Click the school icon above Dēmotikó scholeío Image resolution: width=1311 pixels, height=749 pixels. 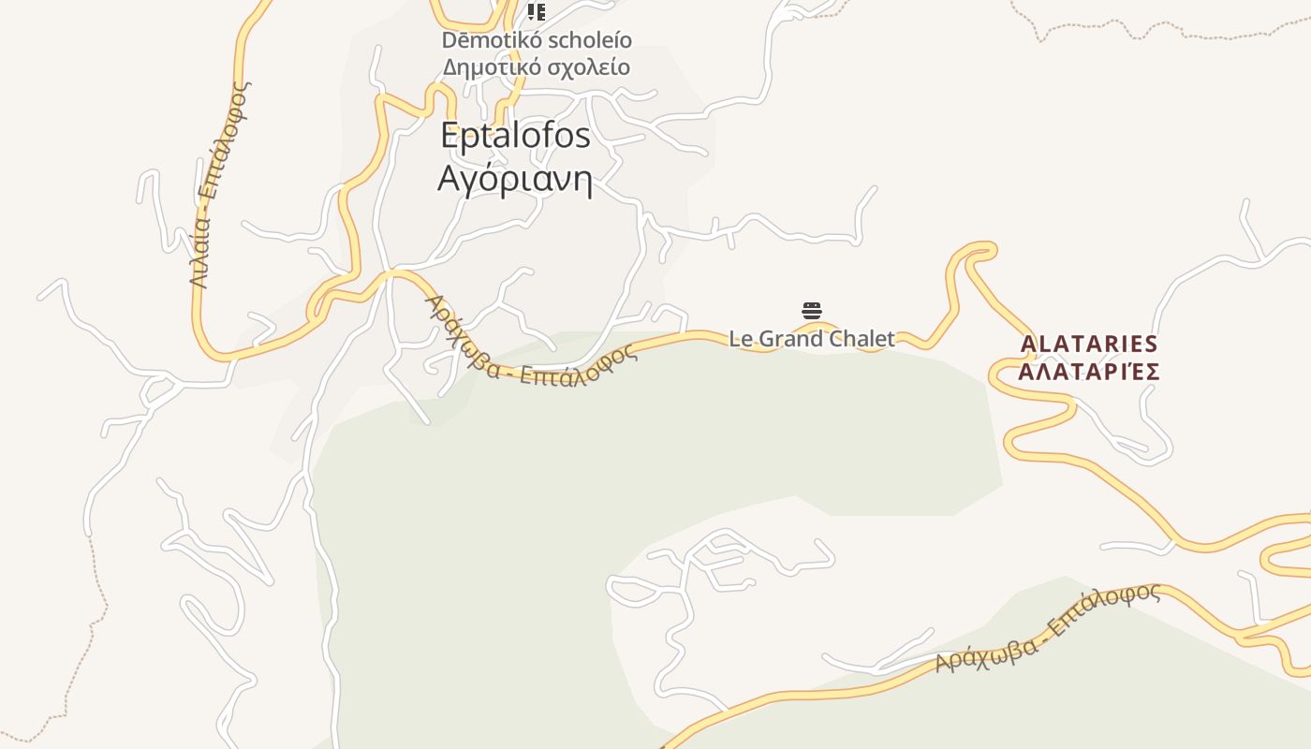pos(536,11)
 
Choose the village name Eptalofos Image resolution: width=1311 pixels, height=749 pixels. pos(515,136)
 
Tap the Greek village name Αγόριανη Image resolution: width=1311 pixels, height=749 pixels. pos(515,178)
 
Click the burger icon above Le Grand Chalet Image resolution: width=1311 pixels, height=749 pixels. pos(812,311)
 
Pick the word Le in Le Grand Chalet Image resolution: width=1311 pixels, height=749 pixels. pos(741,339)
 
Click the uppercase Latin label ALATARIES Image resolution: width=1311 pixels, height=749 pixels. pos(1089,345)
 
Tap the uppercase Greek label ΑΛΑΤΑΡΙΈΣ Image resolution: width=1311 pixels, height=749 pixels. pos(1089,372)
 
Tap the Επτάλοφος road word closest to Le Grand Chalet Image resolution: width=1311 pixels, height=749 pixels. pos(580,367)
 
